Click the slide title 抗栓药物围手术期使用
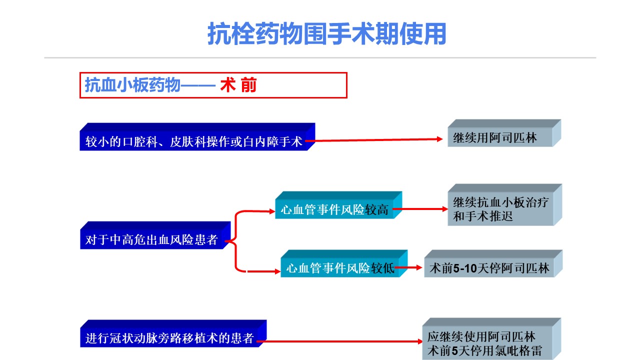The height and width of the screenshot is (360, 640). (x=327, y=34)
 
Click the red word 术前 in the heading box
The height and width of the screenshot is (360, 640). (x=238, y=85)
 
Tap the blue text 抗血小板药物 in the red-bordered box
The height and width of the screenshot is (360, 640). (x=132, y=85)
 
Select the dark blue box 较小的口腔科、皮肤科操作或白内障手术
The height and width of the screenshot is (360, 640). (x=197, y=137)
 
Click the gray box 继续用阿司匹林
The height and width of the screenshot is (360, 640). (x=504, y=133)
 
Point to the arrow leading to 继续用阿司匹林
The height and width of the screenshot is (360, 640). (x=374, y=140)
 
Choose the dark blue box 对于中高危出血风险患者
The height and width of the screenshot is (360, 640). (x=155, y=235)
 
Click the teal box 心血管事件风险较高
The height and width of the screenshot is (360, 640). (x=338, y=205)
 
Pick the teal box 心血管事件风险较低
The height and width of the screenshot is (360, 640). (x=344, y=263)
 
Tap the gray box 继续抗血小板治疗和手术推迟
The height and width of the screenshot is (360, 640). (x=505, y=205)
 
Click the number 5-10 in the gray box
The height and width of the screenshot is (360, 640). (x=465, y=268)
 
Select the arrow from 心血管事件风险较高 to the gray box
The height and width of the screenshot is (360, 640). (x=420, y=209)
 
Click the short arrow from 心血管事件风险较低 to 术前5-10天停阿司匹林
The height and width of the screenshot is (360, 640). (x=408, y=267)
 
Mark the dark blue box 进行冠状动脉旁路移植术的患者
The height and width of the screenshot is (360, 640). (x=173, y=333)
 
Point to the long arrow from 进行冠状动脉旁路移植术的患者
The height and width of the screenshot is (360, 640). (x=339, y=341)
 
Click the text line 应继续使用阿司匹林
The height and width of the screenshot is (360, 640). (x=481, y=337)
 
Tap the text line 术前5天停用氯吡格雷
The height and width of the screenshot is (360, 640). (x=484, y=351)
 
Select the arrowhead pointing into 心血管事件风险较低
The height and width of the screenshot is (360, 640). (x=277, y=271)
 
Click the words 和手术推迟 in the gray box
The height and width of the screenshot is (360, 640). (x=483, y=216)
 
